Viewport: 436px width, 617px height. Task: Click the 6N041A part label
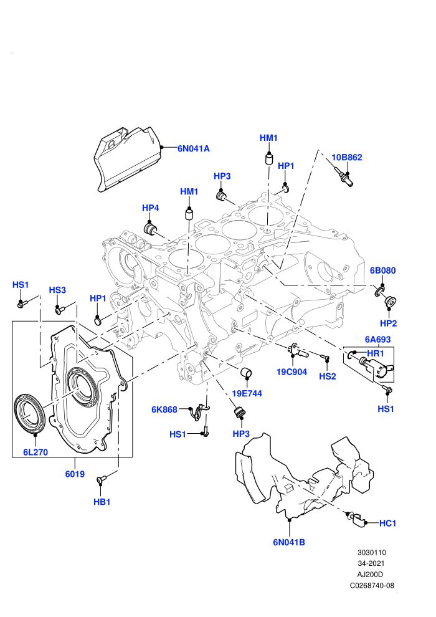194,148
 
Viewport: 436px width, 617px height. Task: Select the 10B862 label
347,158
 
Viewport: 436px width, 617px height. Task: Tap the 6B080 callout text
382,270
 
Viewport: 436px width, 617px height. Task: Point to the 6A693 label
378,339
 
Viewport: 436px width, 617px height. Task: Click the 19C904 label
291,372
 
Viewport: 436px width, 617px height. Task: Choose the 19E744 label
247,393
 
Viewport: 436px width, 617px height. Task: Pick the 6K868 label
164,409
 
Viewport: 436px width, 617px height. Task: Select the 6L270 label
36,452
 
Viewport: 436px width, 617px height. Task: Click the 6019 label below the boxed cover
75,474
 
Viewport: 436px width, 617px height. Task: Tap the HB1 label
102,502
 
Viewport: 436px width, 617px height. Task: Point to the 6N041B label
289,542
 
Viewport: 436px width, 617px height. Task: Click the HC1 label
387,524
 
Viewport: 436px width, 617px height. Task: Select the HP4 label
150,208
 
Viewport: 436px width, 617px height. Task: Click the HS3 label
57,290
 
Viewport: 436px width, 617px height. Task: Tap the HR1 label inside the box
375,353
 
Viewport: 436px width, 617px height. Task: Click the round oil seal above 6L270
30,411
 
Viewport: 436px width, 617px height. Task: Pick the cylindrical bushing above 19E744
247,372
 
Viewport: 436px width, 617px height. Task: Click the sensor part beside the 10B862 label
344,176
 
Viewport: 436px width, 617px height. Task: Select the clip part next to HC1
356,520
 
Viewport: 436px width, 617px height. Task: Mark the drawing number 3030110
372,552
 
